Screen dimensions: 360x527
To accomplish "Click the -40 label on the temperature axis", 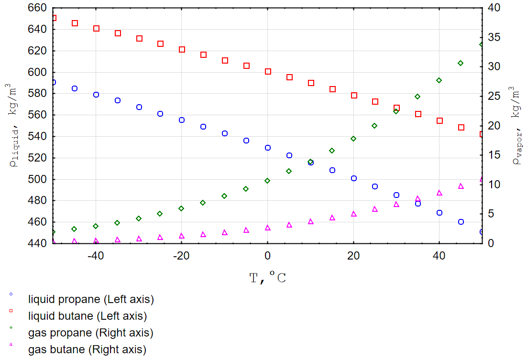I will click(96, 256).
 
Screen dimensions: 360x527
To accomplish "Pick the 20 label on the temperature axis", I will click(353, 256).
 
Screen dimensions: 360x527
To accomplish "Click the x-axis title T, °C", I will click(268, 277).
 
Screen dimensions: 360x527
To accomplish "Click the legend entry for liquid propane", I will click(90, 300).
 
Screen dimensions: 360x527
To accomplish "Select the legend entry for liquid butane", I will click(87, 316).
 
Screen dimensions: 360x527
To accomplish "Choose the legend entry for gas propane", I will click(90, 332).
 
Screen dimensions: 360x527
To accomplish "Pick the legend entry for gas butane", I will click(87, 349).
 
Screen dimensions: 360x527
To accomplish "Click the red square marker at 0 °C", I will click(268, 71).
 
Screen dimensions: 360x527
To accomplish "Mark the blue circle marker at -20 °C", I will click(182, 120).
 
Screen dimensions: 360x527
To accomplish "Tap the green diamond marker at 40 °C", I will click(439, 80).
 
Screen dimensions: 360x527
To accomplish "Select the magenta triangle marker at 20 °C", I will click(353, 214).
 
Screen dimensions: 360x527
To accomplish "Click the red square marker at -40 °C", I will click(96, 28).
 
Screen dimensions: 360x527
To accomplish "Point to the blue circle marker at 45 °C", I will click(461, 222).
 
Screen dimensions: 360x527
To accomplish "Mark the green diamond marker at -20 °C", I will click(181, 208).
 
